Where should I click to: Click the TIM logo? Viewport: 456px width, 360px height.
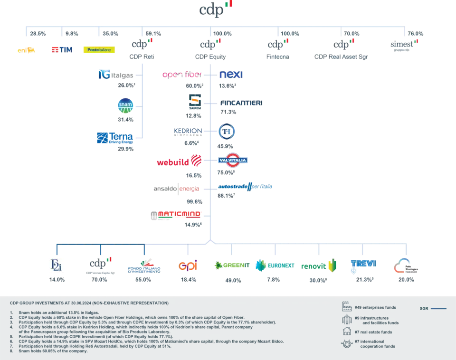[x=62, y=49]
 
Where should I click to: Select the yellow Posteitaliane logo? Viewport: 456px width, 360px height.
[x=99, y=49]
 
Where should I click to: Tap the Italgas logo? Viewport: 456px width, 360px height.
[x=116, y=75]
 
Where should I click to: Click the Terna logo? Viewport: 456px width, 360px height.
[x=114, y=138]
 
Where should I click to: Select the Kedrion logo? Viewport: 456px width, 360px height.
[x=188, y=131]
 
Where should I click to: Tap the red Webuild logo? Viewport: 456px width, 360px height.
[x=179, y=162]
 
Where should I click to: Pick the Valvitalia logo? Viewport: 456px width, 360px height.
[x=233, y=161]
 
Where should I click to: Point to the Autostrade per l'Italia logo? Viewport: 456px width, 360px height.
[x=245, y=187]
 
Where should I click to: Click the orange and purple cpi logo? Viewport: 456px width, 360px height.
[x=188, y=265]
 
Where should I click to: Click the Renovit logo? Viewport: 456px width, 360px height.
[x=319, y=266]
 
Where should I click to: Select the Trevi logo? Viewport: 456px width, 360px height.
[x=363, y=264]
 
